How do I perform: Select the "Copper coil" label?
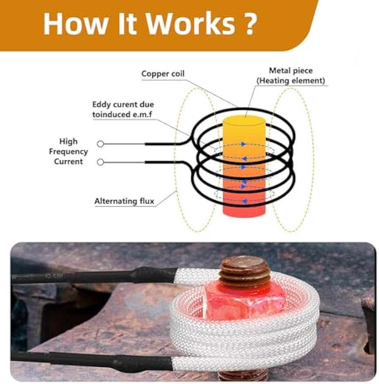[x=163, y=73]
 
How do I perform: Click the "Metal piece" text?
[x=291, y=70]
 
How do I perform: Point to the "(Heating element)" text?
[x=291, y=80]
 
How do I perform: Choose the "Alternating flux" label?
[x=124, y=201]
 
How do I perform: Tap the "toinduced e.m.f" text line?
[x=122, y=114]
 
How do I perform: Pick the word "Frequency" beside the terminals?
[x=68, y=152]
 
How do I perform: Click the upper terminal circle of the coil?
[x=100, y=144]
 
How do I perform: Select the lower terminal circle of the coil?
[x=100, y=162]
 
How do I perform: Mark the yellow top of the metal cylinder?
[x=244, y=121]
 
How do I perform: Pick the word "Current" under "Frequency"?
[x=68, y=162]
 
